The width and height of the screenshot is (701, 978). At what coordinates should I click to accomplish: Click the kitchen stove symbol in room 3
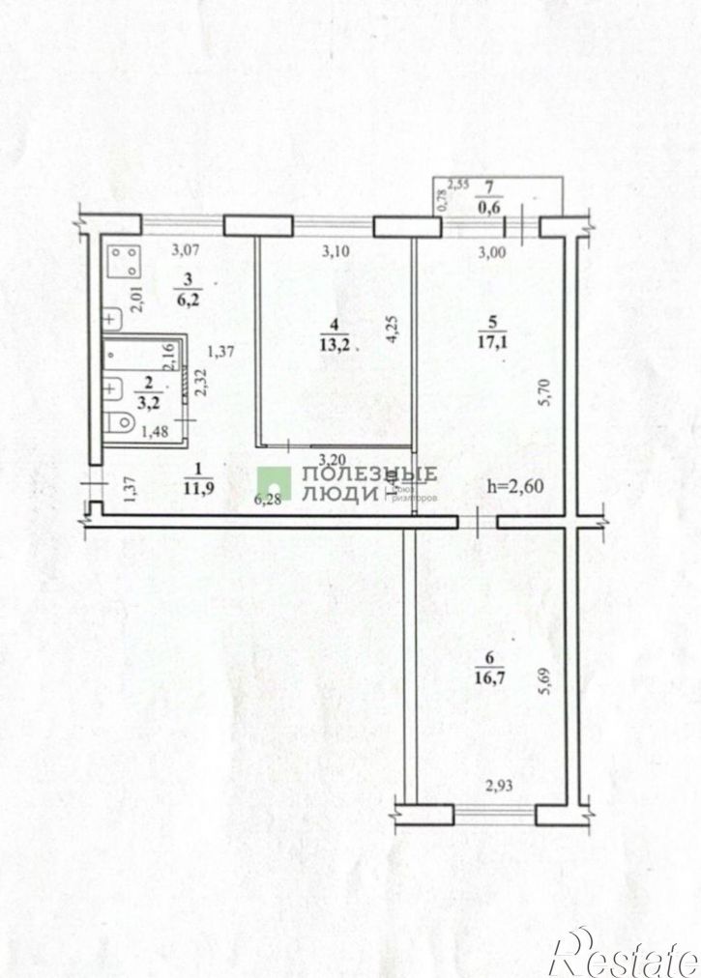(x=123, y=261)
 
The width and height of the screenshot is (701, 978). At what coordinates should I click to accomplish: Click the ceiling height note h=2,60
(x=516, y=485)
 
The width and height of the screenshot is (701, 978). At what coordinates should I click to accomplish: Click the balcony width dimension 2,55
(x=457, y=182)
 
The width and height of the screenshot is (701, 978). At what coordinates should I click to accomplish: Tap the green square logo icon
(x=276, y=482)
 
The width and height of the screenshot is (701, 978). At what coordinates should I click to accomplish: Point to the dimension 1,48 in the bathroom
(x=154, y=432)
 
